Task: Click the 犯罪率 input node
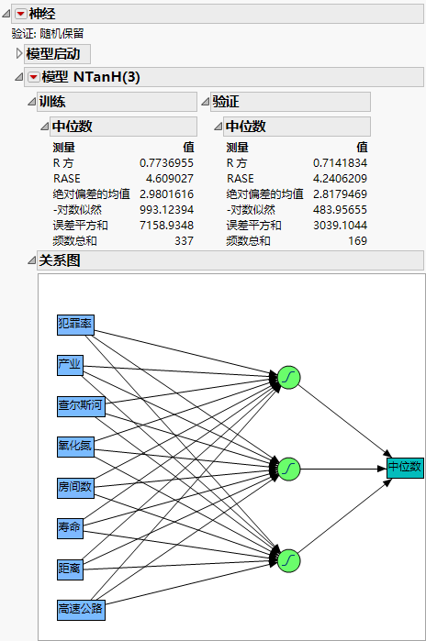tap(75, 325)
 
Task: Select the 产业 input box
tap(70, 365)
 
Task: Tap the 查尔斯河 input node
tap(81, 405)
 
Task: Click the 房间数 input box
tap(75, 486)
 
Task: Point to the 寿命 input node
tap(70, 527)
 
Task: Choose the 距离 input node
tap(70, 568)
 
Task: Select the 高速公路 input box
tap(81, 608)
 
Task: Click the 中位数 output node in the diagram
tap(404, 468)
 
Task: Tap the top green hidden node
tap(288, 377)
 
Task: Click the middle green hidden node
tap(288, 469)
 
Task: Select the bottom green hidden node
tap(288, 559)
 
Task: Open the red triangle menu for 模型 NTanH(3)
tap(33, 77)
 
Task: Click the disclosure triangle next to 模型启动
tap(19, 54)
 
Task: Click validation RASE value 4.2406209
tap(341, 178)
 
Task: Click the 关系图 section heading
tap(60, 261)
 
